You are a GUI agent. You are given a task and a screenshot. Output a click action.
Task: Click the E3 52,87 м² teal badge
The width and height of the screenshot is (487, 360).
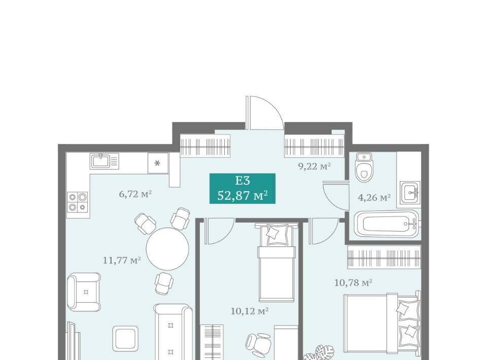(242, 189)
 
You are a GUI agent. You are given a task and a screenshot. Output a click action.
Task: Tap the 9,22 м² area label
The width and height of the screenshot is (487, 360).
(315, 166)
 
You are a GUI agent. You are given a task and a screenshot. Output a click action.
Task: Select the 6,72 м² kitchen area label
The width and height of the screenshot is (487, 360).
(135, 194)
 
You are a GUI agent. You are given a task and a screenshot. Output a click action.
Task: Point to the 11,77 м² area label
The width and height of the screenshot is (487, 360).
(122, 260)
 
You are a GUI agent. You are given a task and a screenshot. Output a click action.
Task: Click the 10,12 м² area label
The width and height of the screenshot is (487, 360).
(250, 311)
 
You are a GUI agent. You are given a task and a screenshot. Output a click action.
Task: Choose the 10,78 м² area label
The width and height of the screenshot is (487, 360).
(353, 283)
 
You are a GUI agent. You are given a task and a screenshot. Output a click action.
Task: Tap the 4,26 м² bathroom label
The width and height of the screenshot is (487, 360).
(374, 197)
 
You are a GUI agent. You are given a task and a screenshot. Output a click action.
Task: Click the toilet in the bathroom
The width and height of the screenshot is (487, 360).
(364, 167)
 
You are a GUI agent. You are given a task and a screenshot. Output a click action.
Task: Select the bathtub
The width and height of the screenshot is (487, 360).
(387, 224)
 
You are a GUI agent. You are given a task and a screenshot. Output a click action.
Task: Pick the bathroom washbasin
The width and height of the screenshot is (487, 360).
(410, 192)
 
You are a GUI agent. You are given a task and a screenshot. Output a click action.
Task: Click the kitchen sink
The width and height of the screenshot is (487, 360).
(105, 161)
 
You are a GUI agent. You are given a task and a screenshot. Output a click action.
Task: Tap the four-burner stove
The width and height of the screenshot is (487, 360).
(78, 202)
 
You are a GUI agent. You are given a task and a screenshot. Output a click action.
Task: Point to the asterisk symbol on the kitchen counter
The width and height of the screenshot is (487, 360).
(157, 163)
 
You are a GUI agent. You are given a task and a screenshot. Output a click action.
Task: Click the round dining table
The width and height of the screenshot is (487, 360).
(167, 249)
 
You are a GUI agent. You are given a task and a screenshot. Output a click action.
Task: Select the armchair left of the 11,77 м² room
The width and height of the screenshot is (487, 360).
(84, 292)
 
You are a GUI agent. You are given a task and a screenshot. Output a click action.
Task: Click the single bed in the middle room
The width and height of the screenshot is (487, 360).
(276, 262)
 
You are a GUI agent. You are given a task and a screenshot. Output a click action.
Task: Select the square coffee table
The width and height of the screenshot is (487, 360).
(125, 339)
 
